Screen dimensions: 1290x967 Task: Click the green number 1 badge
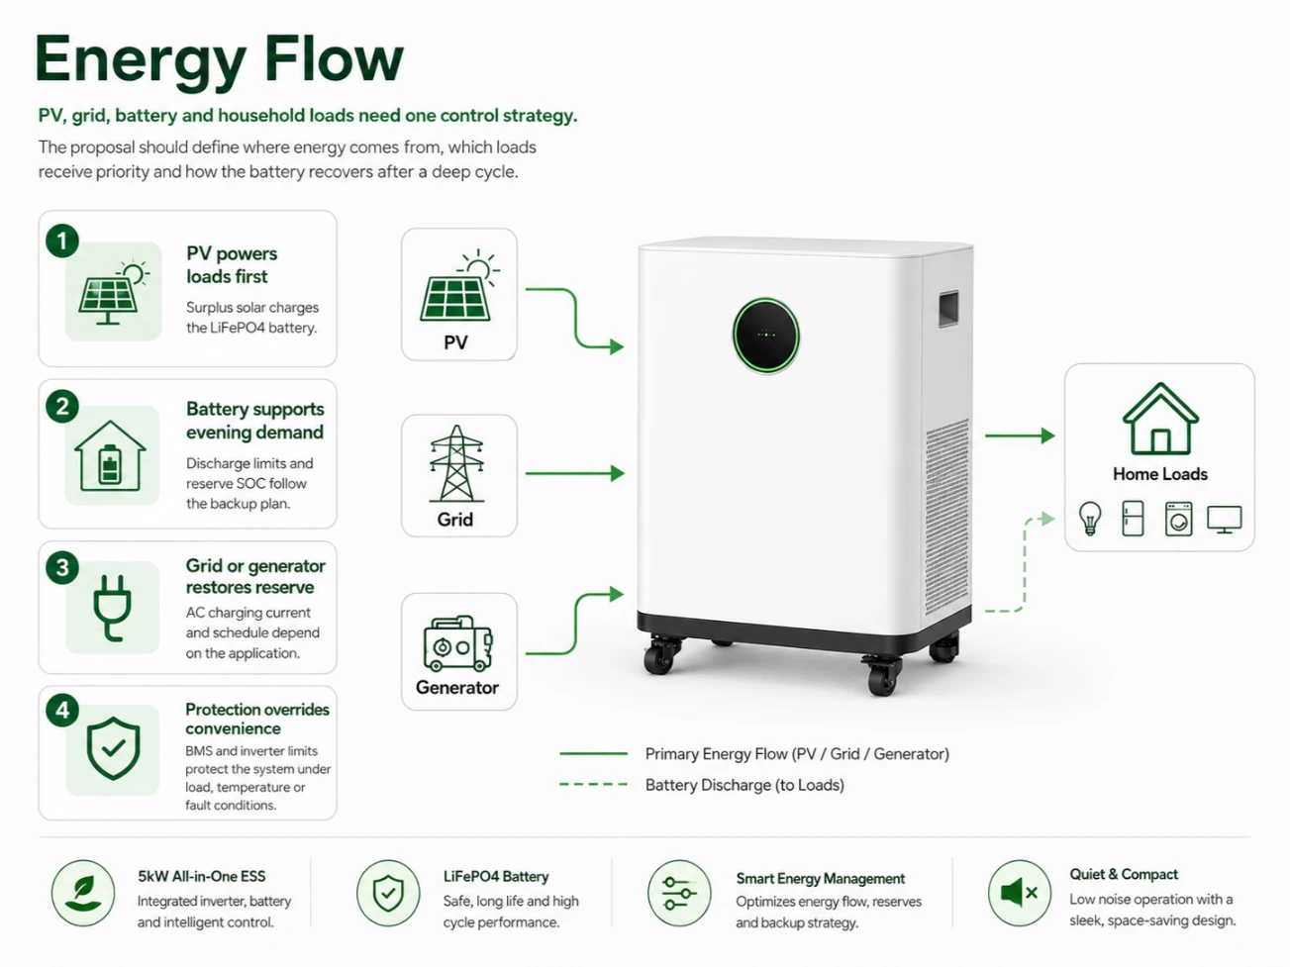pos(62,241)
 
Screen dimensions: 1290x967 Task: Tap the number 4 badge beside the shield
pos(62,711)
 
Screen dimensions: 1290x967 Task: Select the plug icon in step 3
pos(112,608)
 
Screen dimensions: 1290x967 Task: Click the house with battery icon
pos(111,456)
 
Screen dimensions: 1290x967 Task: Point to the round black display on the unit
pos(765,336)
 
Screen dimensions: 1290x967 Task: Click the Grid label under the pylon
pos(454,520)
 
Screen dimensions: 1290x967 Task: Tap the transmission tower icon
pos(456,463)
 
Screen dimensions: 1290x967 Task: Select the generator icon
pos(457,643)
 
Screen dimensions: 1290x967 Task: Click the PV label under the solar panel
pos(455,342)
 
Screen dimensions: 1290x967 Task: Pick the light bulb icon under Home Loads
pos(1090,519)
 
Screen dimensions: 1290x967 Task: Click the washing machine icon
pos(1178,519)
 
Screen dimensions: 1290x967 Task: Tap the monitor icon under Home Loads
pos(1225,520)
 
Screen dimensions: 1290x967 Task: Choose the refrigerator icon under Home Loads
pos(1134,519)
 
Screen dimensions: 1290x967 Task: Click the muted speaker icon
pos(1019,893)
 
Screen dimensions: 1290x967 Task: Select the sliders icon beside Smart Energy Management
pos(679,894)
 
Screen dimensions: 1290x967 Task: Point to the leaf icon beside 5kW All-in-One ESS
pos(83,893)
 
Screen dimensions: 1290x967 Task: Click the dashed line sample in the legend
pos(594,784)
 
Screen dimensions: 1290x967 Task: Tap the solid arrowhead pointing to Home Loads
pos(1047,435)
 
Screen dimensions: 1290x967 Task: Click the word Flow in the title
pos(334,59)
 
